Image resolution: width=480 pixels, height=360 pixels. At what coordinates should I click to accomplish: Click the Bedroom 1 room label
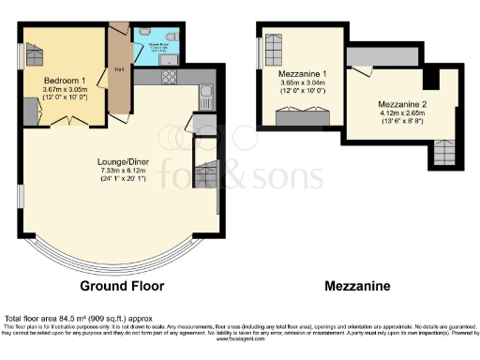pyautogui.click(x=65, y=80)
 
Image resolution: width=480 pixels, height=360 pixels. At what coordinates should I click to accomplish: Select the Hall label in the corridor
pyautogui.click(x=119, y=68)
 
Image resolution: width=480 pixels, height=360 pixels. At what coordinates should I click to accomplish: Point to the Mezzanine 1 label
pyautogui.click(x=304, y=72)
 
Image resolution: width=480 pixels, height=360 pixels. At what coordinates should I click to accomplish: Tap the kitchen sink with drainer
pyautogui.click(x=206, y=94)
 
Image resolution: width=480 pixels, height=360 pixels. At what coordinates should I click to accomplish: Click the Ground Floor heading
pyautogui.click(x=122, y=285)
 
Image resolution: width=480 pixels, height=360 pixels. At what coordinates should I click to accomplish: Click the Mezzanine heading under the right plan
pyautogui.click(x=358, y=285)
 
